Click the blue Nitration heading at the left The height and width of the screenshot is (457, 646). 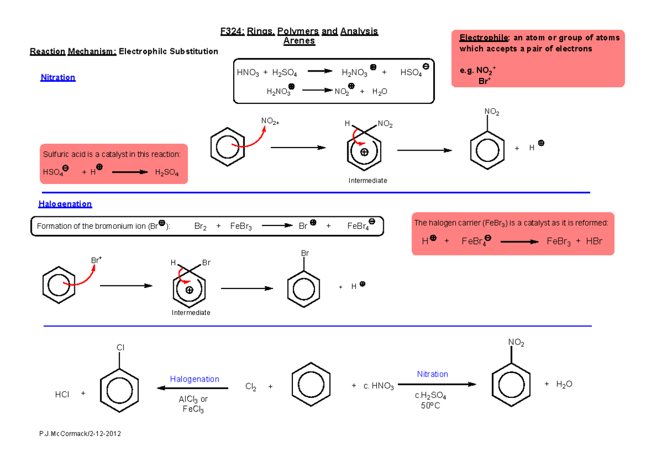pos(58,78)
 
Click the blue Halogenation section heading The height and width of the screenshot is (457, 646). pos(65,204)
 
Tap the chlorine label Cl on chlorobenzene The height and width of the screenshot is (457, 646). pos(120,348)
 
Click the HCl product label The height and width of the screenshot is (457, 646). pos(62,395)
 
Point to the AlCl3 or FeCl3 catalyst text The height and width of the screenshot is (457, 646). pos(193,404)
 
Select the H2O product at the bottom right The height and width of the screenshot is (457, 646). pos(565,384)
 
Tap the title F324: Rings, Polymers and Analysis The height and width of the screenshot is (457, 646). pos(299,32)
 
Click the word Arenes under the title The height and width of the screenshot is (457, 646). pos(299,41)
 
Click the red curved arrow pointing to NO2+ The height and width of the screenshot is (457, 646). pos(250,137)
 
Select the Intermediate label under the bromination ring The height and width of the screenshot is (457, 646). pos(191,313)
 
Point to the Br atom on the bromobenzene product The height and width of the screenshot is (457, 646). pos(304,253)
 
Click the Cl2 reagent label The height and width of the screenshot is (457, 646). pos(251,386)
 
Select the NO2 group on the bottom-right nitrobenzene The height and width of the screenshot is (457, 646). pos(516,343)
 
